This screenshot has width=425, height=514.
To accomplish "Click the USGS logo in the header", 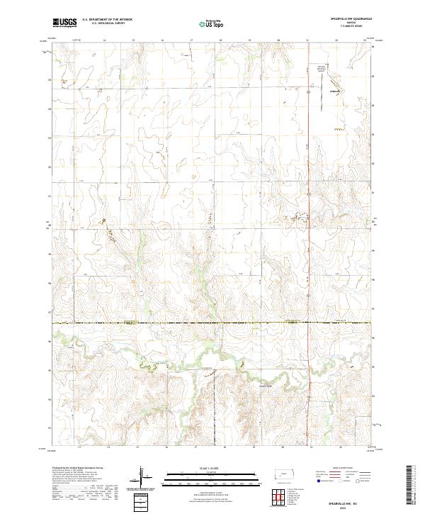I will [65, 23].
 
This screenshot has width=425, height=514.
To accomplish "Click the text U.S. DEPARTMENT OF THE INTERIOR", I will [107, 19].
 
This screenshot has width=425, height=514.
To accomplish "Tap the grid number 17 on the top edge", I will [192, 40].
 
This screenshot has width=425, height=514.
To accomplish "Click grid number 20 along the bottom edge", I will [279, 447].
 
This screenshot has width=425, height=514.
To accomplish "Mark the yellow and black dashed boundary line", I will [212, 323].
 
